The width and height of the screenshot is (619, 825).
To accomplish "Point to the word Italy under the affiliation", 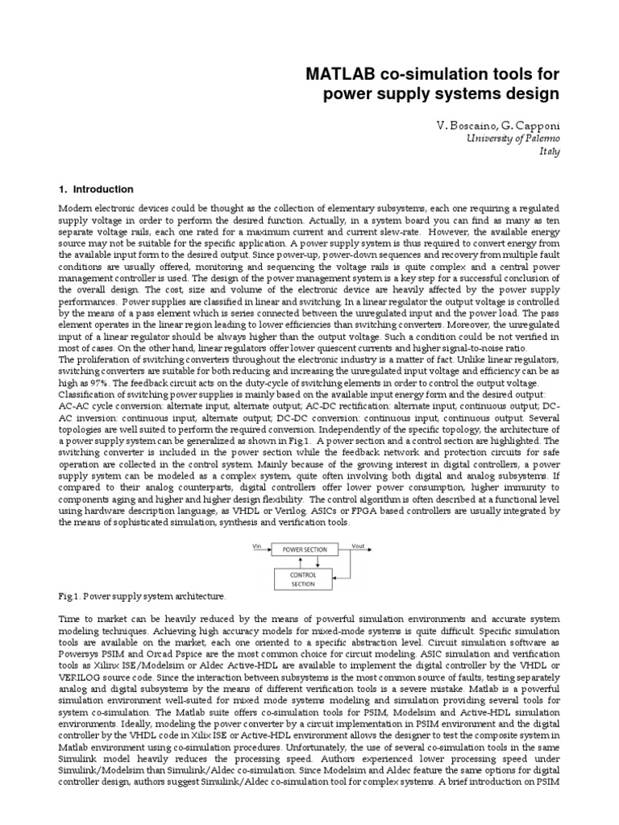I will point(549,151).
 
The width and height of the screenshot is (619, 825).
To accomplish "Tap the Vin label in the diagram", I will point(258,545).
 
